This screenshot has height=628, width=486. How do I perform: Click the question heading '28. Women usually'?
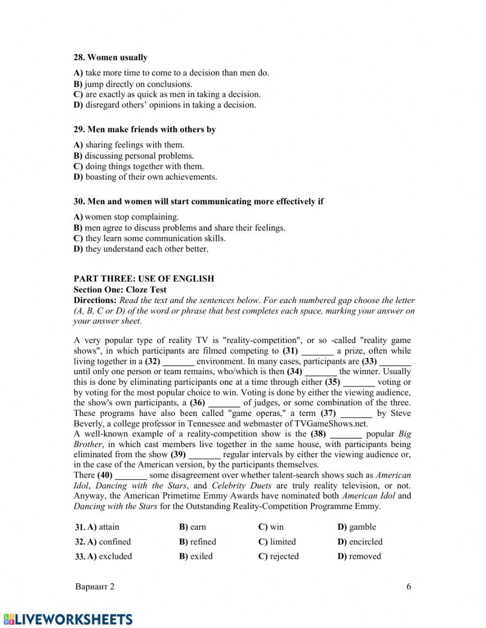(x=110, y=57)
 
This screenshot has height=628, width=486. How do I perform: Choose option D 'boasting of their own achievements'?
(x=145, y=177)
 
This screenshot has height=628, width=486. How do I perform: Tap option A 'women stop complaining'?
(x=126, y=217)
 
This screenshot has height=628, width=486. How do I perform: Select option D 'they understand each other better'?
(x=141, y=249)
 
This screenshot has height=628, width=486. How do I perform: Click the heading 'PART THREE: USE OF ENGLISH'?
(x=144, y=279)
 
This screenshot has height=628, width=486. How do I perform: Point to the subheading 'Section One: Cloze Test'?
(x=120, y=289)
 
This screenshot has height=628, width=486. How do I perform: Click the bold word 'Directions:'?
(x=95, y=300)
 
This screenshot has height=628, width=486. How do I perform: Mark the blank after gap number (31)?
(x=317, y=351)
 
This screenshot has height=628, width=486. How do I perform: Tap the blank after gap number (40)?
(x=131, y=476)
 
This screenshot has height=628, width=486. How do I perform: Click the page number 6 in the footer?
(x=409, y=587)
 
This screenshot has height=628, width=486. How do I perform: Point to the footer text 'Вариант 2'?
(x=95, y=587)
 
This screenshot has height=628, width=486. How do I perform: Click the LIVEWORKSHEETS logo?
(x=68, y=619)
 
